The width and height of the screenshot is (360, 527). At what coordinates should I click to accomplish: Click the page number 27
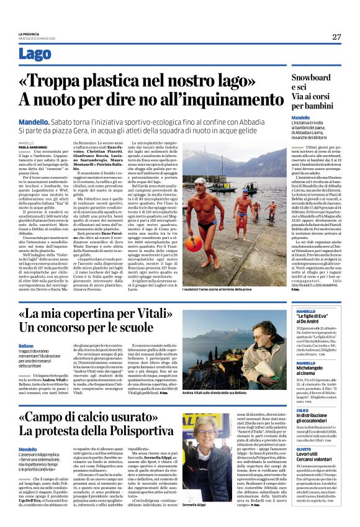[336, 37]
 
